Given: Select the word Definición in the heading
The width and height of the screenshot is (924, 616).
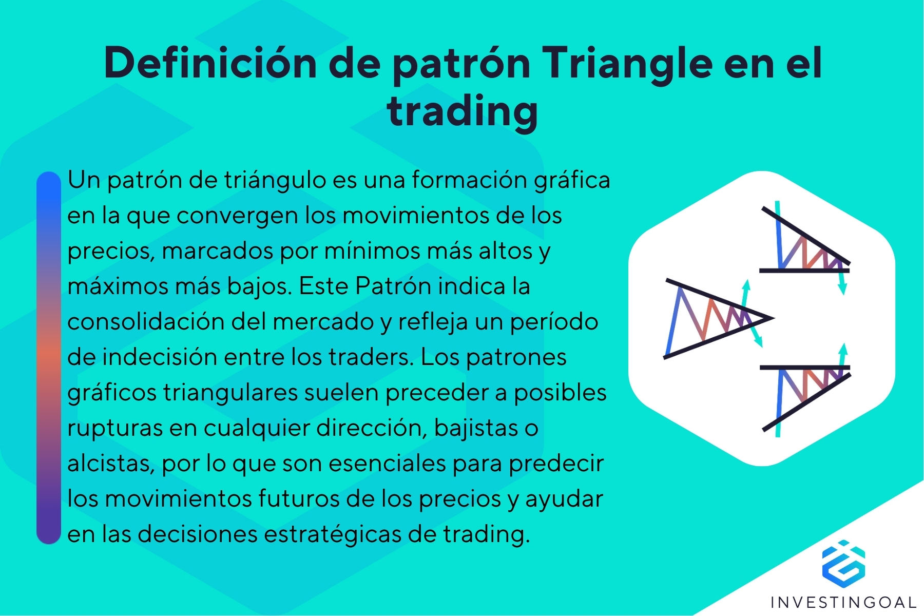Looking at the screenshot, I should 210,64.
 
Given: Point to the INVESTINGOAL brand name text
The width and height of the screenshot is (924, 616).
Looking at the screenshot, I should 843,602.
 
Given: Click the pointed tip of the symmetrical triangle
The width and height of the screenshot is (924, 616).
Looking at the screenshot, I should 771,318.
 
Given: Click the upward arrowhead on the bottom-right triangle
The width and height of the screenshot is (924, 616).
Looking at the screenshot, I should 842,348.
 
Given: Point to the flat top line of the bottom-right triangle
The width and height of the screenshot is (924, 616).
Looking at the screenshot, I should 804,368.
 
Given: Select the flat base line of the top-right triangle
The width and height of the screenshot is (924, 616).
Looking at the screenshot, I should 804,270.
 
